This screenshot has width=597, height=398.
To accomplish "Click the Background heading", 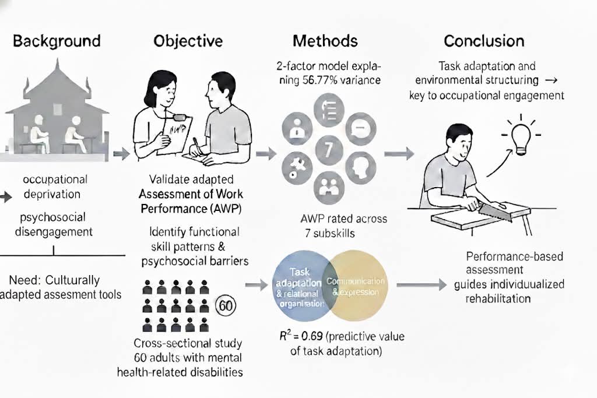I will [x=57, y=41].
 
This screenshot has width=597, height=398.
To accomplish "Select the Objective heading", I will [x=188, y=41].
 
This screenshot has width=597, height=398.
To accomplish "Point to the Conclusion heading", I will [x=484, y=41].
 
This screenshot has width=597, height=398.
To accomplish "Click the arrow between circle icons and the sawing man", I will [x=399, y=154].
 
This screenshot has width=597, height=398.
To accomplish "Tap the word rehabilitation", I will [x=498, y=298].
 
